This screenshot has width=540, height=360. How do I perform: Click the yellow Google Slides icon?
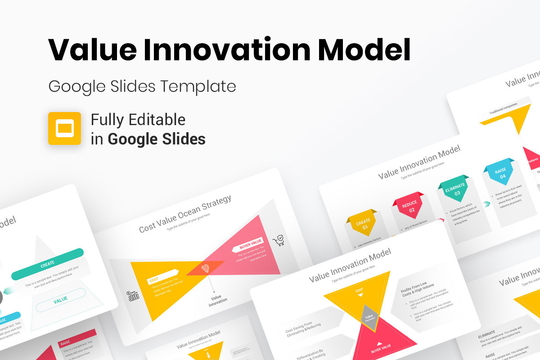(64, 128)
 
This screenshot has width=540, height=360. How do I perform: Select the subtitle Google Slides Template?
(142, 86)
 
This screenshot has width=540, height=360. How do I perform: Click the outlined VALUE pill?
(60, 299)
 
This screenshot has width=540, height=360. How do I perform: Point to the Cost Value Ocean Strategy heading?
(185, 214)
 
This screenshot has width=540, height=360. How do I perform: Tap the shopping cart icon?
(279, 241)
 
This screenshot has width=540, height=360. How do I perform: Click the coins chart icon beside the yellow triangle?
(133, 296)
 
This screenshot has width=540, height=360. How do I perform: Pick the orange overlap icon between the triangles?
(205, 269)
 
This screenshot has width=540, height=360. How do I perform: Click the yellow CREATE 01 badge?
(363, 224)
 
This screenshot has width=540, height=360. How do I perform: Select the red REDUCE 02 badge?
(409, 206)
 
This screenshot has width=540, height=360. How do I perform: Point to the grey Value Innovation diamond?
(369, 318)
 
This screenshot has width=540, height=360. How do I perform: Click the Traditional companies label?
(503, 107)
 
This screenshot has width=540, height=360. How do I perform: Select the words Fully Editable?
(138, 120)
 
